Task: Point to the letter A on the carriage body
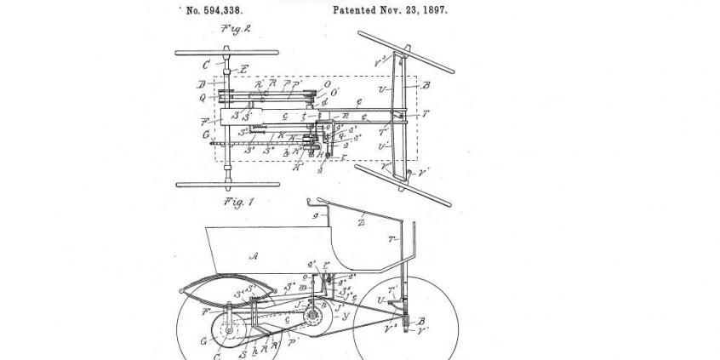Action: tap(252, 256)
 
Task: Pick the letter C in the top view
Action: tap(206, 65)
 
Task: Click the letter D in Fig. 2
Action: tap(202, 85)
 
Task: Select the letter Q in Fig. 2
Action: tap(202, 97)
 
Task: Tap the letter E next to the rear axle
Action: tap(244, 68)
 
